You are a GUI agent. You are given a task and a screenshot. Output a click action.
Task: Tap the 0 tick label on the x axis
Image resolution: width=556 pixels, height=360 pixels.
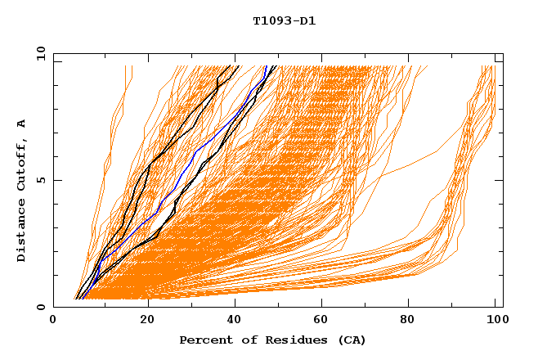click(x=53, y=321)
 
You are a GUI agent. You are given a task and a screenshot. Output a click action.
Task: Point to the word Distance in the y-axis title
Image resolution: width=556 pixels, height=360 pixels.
click(x=22, y=233)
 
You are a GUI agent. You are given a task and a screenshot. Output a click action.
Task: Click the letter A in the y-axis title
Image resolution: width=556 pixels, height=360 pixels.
click(x=22, y=124)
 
